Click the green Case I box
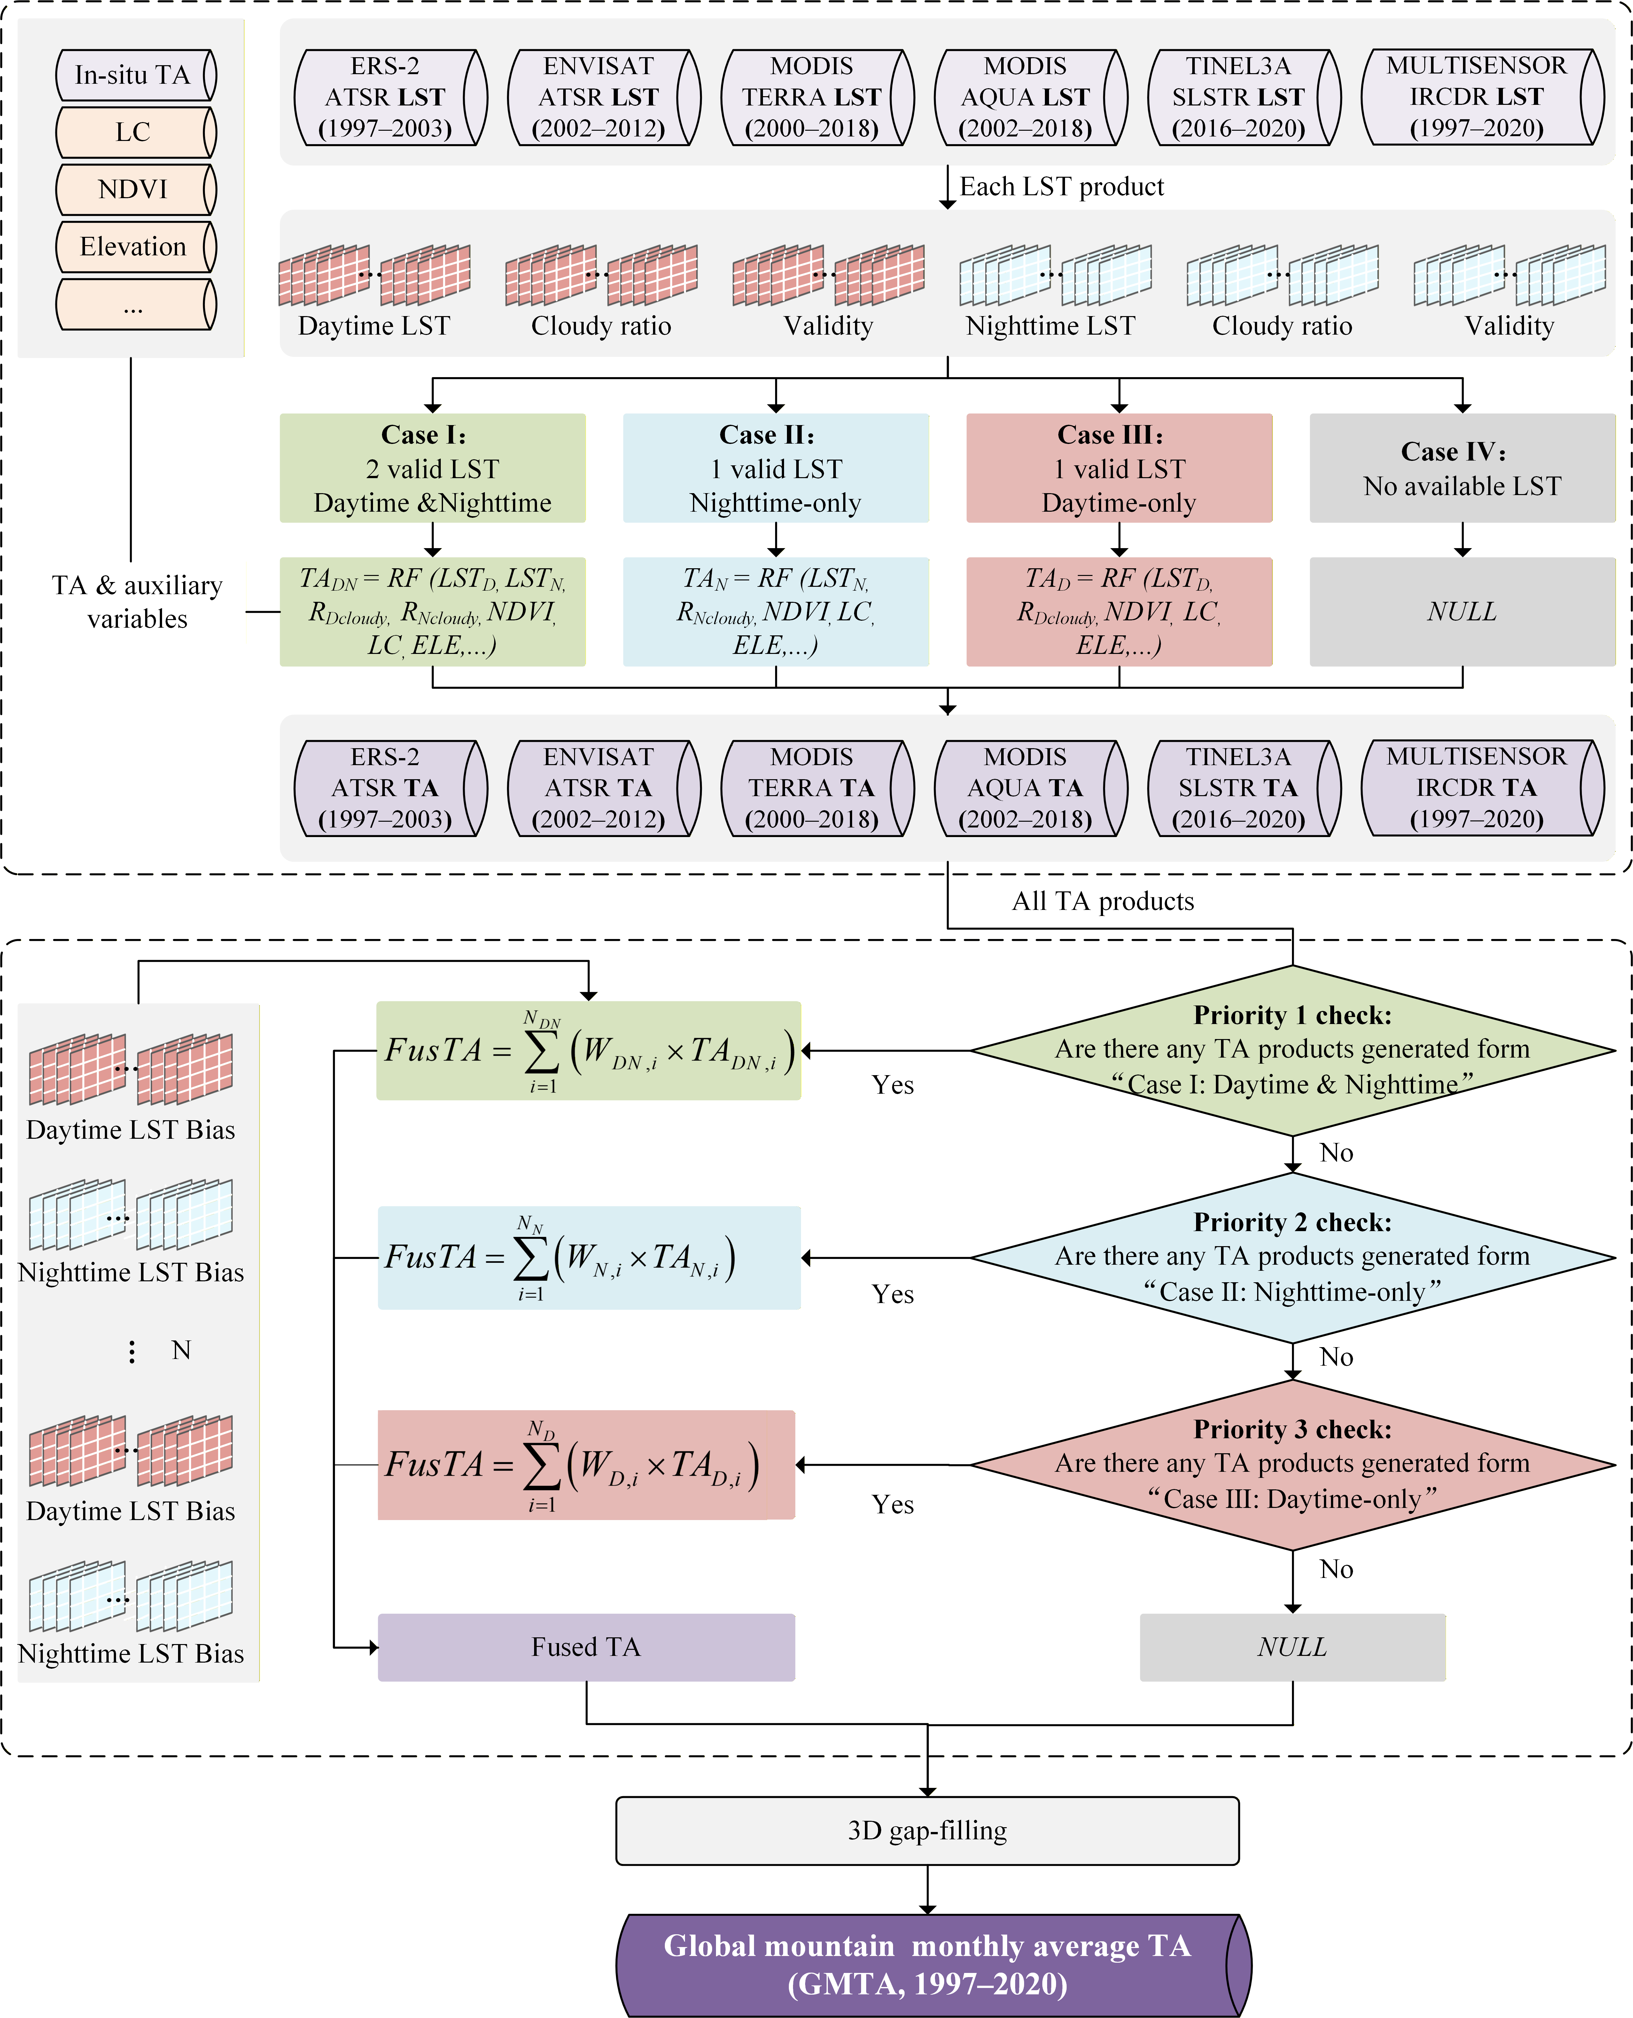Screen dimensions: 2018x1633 (x=433, y=468)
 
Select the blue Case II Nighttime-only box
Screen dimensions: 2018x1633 (x=776, y=468)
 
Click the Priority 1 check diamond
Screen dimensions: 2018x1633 (x=1293, y=1050)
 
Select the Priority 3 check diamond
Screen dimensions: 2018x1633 (x=1293, y=1464)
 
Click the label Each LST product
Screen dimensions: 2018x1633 (x=1061, y=187)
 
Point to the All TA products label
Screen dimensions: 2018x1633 (x=1102, y=902)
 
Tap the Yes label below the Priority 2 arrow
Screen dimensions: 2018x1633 (x=893, y=1295)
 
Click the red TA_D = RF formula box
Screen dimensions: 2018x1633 (x=1119, y=612)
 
